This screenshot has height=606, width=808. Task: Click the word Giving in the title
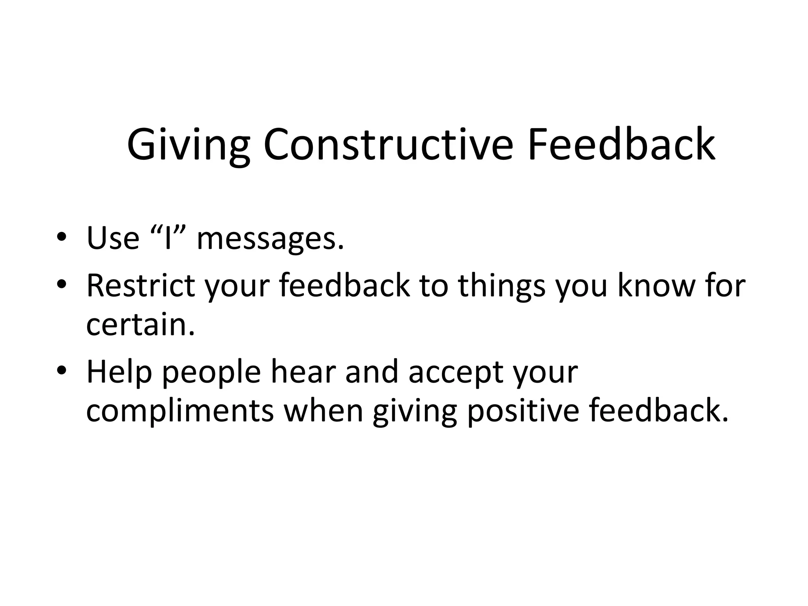188,145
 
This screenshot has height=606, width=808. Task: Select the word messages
270,239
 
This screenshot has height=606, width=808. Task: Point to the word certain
140,325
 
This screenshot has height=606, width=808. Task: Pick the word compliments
180,412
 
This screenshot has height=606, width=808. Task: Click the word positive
523,412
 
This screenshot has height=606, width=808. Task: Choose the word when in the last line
323,411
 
